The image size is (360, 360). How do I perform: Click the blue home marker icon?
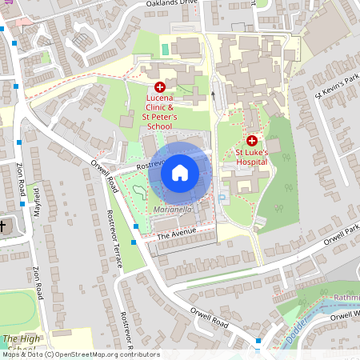180,172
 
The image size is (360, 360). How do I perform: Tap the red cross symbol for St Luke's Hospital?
251,140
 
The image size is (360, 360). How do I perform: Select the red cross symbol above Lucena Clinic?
159,86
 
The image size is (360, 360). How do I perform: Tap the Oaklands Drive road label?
170,4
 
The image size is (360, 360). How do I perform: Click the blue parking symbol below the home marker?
222,197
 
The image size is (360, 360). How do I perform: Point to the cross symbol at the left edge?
2,226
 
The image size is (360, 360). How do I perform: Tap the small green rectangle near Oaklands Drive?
166,50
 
